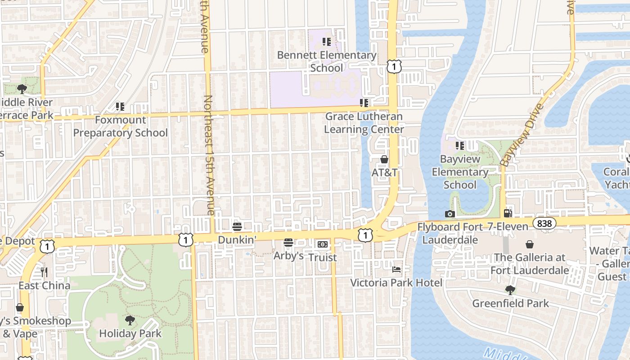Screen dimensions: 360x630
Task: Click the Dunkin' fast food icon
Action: click(x=237, y=226)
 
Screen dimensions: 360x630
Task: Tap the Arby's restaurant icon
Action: click(x=288, y=243)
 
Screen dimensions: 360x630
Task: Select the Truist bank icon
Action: click(x=322, y=244)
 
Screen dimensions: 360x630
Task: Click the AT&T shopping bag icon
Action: click(x=384, y=159)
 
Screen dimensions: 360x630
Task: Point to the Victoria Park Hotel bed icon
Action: click(x=396, y=269)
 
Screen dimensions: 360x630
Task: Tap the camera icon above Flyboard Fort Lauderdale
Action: click(x=450, y=214)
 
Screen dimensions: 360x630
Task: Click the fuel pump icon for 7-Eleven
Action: click(x=508, y=213)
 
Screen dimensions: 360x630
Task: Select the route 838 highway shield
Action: click(x=545, y=223)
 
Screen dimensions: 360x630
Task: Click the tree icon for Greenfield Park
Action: click(x=510, y=290)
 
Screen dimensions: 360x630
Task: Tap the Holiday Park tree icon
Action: click(x=130, y=320)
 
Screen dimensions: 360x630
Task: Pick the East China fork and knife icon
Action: click(x=44, y=272)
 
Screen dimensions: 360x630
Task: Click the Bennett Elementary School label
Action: click(x=327, y=62)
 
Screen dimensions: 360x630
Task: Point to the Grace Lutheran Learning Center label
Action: click(x=364, y=123)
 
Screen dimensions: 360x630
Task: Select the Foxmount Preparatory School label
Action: click(x=120, y=126)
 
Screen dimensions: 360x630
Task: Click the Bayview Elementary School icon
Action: click(x=459, y=145)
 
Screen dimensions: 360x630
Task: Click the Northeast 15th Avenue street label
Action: click(x=208, y=155)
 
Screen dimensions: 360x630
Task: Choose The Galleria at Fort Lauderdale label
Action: click(x=529, y=264)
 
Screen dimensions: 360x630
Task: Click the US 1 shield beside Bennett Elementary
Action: click(x=394, y=67)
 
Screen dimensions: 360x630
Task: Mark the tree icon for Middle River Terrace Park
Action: click(x=22, y=89)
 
